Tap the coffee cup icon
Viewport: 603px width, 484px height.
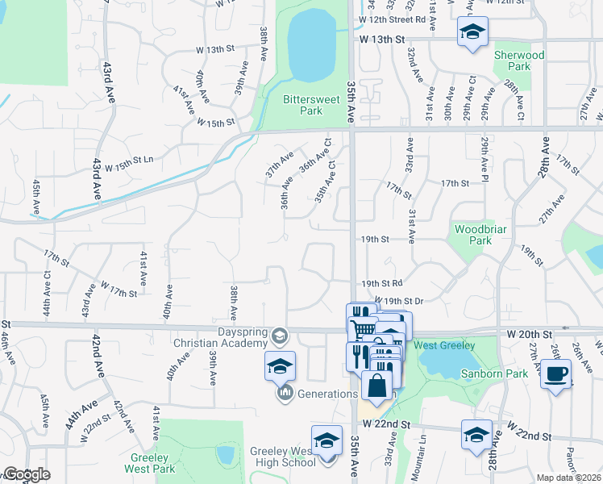555,373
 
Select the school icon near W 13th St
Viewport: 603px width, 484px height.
472,32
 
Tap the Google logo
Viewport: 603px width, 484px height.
26,474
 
